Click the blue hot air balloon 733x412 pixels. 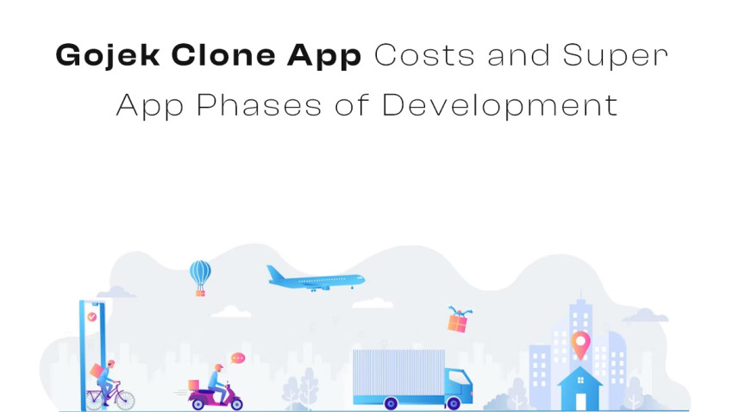pyautogui.click(x=200, y=275)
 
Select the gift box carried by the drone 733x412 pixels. pyautogui.click(x=457, y=322)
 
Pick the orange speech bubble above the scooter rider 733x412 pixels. pyautogui.click(x=238, y=357)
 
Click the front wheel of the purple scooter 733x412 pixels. pyautogui.click(x=234, y=402)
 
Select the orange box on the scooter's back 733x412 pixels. pyautogui.click(x=193, y=385)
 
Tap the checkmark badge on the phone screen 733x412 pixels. pyautogui.click(x=92, y=317)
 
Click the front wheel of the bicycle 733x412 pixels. pyautogui.click(x=123, y=399)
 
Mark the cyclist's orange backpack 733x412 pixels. pyautogui.click(x=96, y=371)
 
